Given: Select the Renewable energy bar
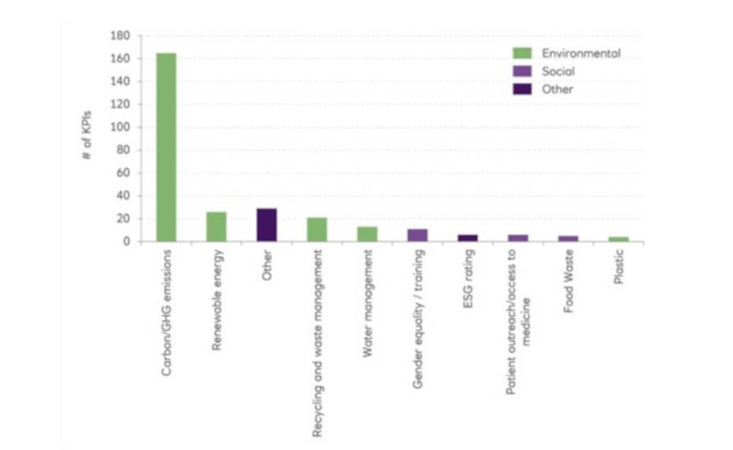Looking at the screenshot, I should pos(217,226).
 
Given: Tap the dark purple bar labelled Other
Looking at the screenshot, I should pos(266,225).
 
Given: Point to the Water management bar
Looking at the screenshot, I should pos(366,233).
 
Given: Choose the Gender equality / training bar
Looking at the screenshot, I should pos(417,235).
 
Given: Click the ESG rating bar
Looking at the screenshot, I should pos(468,238).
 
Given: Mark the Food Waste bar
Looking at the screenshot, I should pos(568,238).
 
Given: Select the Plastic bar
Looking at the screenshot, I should pos(618,239).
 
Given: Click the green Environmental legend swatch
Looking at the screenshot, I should pos(522,54).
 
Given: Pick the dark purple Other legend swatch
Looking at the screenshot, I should pos(522,89).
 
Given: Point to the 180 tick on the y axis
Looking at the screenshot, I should pos(120,35).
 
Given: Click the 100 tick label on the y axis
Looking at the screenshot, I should pos(120,127).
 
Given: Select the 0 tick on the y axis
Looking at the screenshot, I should pos(125,242).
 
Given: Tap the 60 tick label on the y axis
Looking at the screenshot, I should pos(122,173).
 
